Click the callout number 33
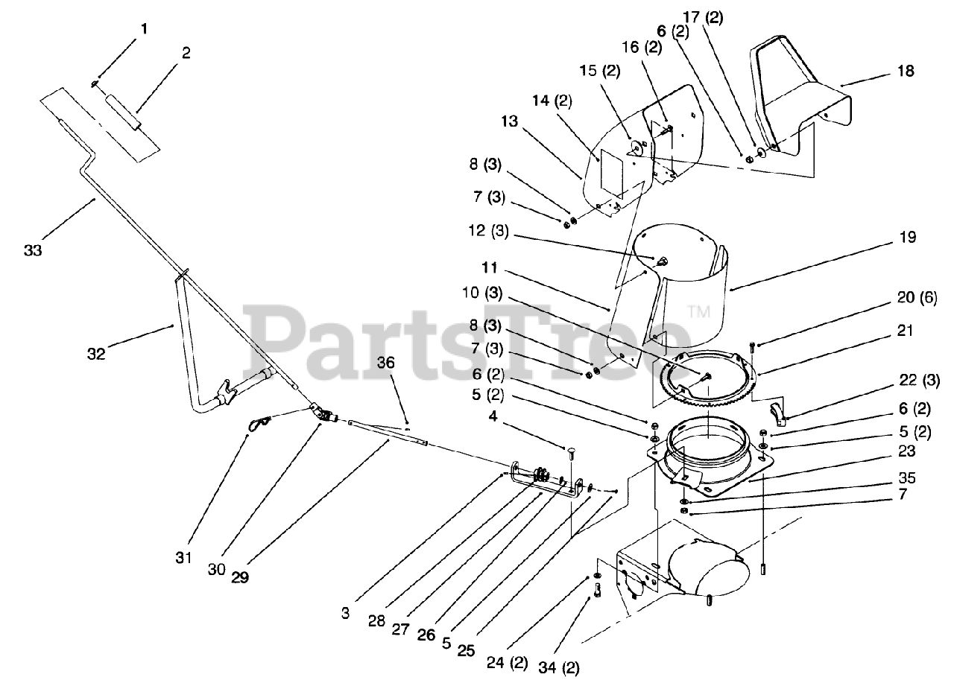click(33, 251)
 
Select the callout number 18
click(906, 72)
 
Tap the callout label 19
click(907, 238)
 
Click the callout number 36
click(406, 363)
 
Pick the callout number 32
click(96, 354)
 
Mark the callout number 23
click(906, 451)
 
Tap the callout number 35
click(907, 478)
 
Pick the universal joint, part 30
click(321, 411)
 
